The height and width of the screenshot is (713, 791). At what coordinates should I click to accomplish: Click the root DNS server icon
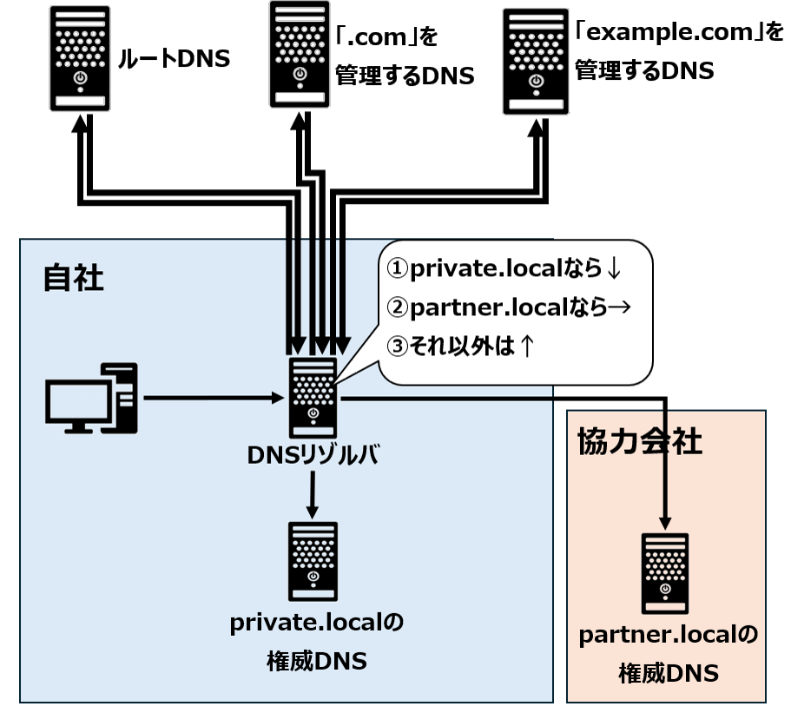(79, 59)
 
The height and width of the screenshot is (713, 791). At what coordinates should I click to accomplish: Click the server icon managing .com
(300, 55)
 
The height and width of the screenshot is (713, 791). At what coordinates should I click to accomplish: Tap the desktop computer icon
(91, 399)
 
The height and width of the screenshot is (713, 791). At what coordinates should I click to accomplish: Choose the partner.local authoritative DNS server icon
(665, 572)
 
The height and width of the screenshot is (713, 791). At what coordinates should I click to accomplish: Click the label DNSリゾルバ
(313, 456)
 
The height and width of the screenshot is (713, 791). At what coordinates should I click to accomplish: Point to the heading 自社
(73, 279)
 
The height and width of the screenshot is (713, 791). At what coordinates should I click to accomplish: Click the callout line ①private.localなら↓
(504, 269)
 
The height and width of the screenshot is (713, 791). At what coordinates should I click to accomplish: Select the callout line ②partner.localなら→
(508, 307)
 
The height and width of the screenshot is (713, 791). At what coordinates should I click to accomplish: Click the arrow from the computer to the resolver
(213, 399)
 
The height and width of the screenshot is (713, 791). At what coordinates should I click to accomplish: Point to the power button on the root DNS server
(79, 78)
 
